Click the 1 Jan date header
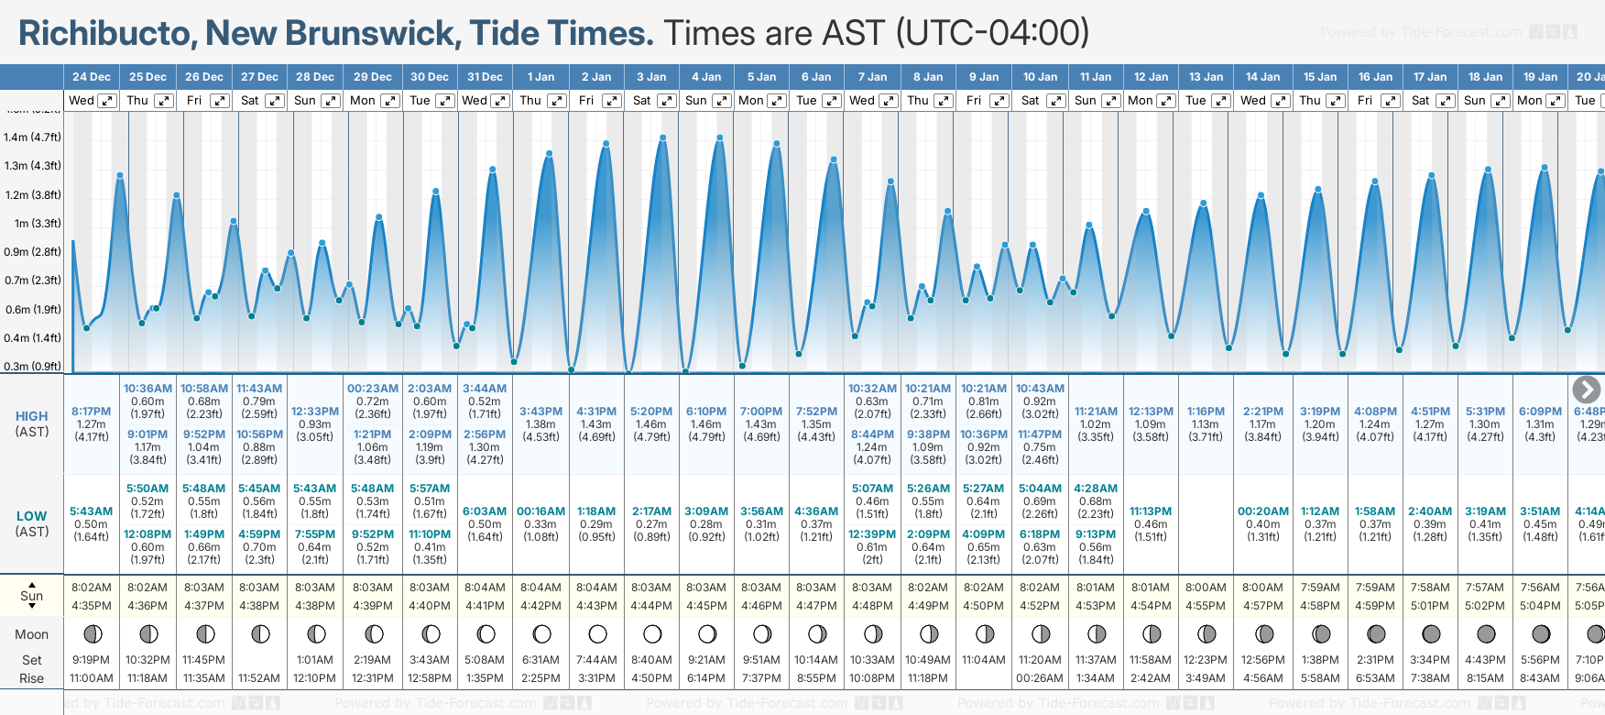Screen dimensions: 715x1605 [540, 77]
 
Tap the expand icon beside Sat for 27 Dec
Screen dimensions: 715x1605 [274, 101]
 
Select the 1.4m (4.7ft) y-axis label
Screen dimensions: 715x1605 [32, 137]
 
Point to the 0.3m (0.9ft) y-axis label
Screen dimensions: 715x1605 [32, 367]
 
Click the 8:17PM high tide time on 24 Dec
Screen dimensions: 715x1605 [91, 412]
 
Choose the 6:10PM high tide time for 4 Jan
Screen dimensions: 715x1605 [706, 412]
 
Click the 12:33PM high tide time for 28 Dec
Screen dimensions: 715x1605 [315, 412]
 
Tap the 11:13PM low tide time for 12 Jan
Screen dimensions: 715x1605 [1151, 511]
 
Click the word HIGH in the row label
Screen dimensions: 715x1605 [32, 416]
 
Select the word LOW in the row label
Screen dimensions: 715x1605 [32, 517]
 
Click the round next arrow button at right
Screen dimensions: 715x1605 [1586, 390]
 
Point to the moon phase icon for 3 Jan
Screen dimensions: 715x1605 [652, 633]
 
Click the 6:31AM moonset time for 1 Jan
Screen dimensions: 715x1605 [540, 660]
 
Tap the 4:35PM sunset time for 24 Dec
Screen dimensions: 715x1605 [91, 606]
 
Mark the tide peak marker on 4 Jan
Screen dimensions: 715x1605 [720, 138]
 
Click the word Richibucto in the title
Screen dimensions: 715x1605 [104, 33]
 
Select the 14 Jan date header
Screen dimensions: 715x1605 [1262, 77]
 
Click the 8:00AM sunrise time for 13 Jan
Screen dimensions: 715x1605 [1206, 588]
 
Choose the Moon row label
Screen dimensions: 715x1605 [32, 634]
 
